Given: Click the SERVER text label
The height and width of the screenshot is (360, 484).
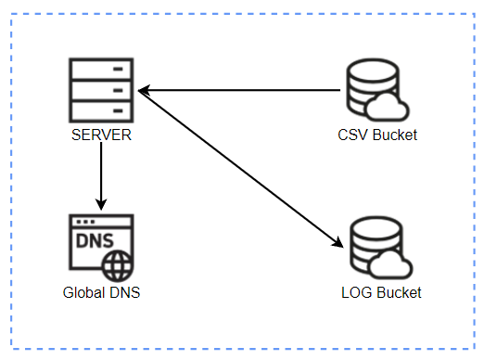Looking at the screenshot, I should tap(101, 135).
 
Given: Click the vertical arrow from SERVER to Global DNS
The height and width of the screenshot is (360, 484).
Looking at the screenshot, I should tap(101, 176).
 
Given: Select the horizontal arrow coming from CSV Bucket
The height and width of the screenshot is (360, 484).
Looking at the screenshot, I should tap(241, 90).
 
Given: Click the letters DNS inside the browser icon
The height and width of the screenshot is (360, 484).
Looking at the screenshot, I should tap(96, 243).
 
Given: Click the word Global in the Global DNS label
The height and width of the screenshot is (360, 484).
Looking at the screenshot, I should tap(83, 292).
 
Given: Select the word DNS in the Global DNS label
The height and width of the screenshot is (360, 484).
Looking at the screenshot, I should tap(122, 292).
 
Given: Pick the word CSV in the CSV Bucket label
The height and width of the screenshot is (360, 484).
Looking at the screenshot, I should tap(353, 135).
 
